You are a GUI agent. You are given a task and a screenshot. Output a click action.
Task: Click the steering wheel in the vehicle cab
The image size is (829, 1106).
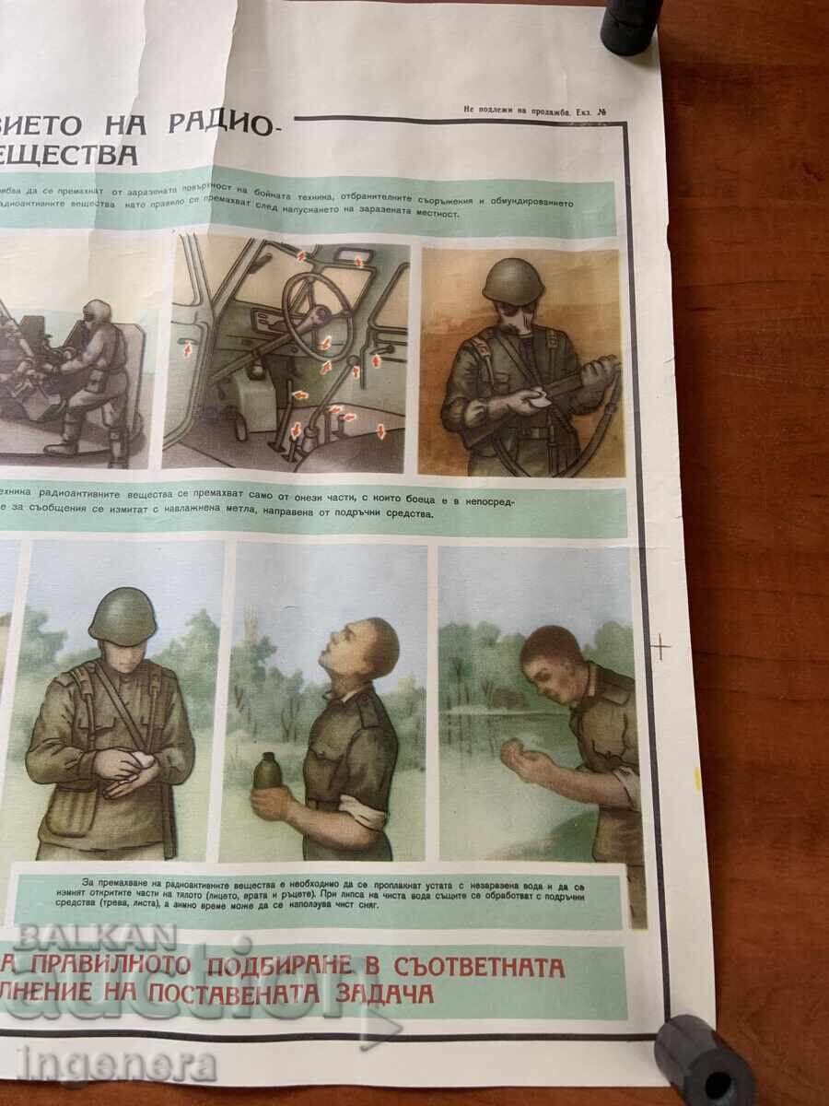(318, 313)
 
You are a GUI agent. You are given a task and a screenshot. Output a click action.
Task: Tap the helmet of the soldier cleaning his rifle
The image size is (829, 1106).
(512, 281)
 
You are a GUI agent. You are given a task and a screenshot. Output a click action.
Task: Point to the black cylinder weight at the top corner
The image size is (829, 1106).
(630, 25)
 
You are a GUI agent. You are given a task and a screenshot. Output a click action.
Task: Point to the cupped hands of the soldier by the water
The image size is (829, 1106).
(521, 761)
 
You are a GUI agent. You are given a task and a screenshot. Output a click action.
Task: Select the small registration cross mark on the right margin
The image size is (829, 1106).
(660, 647)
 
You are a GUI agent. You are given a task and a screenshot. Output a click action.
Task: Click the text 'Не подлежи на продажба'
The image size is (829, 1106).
(516, 112)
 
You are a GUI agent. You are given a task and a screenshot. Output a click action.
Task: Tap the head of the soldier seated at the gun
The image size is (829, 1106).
(96, 312)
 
